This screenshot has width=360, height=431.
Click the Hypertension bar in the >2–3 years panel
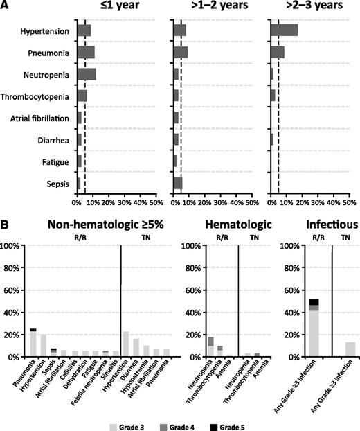click(284, 30)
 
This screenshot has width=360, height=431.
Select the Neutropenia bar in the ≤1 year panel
click(87, 74)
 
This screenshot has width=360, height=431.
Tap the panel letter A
click(6, 6)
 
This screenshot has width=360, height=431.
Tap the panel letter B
click(6, 226)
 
